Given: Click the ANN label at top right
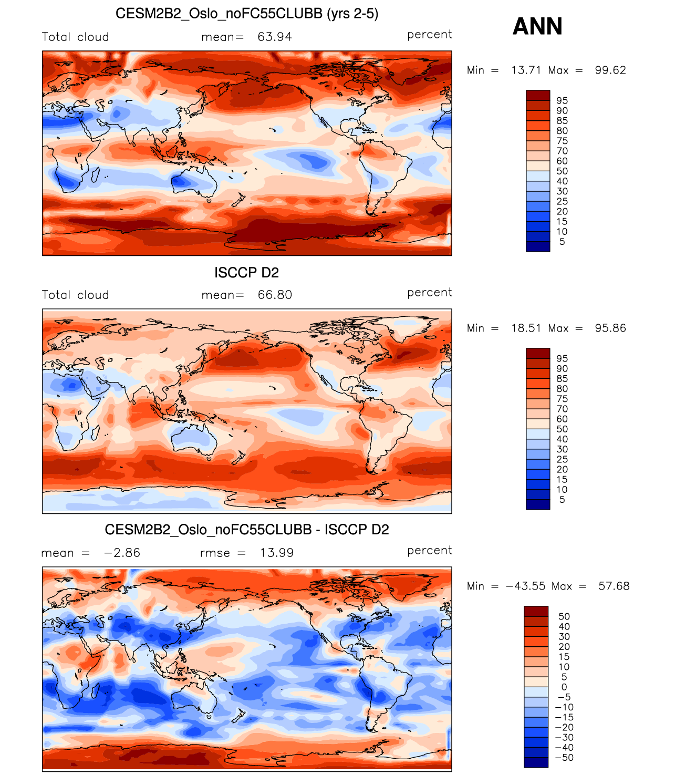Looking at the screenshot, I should pos(537,26).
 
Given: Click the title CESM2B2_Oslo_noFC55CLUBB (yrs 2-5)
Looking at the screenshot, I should pos(246,14).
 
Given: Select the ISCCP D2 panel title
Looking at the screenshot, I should pos(246,273).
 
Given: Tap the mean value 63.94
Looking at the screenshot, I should pos(275,37).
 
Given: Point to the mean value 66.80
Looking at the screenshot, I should pos(275,295).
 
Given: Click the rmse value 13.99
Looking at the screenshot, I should pos(277,553).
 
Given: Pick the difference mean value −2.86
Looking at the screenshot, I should pos(122,553).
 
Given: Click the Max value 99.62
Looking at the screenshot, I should pos(610,70).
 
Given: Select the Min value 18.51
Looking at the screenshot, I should pos(526,328).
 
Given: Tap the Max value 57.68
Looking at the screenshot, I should pos(614,586).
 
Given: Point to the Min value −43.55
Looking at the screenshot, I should pos(525,586).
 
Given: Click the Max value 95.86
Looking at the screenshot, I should pos(610,328).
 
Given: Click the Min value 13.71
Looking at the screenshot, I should pos(526,70).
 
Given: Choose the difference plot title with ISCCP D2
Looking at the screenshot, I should pos(246,530).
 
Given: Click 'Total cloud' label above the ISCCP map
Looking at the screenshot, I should pos(75,295).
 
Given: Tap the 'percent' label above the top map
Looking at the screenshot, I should pos(429,34).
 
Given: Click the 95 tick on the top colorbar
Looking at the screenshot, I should pos(562,100).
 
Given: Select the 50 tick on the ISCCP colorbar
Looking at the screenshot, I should pos(562,429).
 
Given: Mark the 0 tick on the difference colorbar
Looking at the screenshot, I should pos(564,687).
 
